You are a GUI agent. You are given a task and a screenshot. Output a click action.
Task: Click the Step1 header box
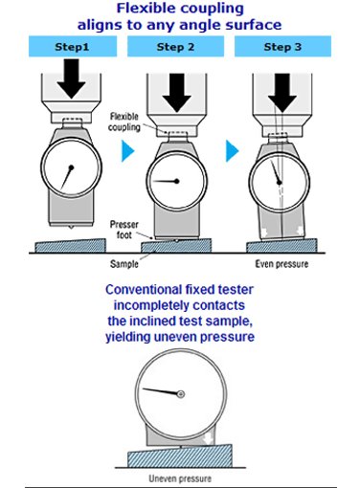(x=73, y=47)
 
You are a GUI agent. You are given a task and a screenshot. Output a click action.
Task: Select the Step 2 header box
(x=175, y=47)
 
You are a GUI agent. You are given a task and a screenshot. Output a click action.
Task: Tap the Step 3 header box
(x=282, y=47)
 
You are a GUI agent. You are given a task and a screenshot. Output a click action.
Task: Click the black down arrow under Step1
(x=71, y=78)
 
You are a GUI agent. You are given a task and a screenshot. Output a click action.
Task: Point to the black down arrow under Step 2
(x=177, y=93)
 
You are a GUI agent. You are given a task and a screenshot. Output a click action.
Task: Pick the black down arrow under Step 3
(x=282, y=93)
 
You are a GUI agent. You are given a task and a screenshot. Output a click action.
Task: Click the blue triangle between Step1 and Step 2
(x=128, y=150)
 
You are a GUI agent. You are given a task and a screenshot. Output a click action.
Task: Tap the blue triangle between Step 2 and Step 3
(x=233, y=150)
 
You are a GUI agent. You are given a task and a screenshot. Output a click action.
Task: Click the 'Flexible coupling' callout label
(x=124, y=122)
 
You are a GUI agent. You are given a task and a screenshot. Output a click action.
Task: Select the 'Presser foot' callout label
(x=124, y=230)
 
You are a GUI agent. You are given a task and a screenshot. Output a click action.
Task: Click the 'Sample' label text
(x=124, y=264)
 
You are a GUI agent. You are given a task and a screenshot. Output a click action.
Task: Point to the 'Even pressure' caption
(x=281, y=264)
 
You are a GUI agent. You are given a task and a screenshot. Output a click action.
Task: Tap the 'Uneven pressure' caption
(x=180, y=478)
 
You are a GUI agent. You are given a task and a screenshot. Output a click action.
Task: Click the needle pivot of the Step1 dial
(x=71, y=167)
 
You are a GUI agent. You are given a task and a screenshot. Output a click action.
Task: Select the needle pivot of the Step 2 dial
(x=177, y=181)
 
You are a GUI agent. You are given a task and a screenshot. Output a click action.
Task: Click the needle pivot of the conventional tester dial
(x=181, y=394)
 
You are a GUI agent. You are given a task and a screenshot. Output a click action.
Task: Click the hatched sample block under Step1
(x=70, y=245)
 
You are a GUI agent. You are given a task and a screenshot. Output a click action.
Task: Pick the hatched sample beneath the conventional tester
(x=180, y=456)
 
